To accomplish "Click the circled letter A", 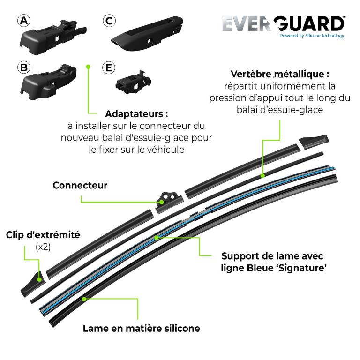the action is click(x=24, y=21).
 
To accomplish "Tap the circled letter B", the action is click(x=24, y=67).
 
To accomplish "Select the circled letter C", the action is click(x=109, y=21).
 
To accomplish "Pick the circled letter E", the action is click(x=109, y=67).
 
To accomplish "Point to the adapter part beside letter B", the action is click(x=49, y=82).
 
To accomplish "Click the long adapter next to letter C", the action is click(x=147, y=33).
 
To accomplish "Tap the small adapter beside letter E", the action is click(x=133, y=82).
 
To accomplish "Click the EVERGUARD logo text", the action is click(x=284, y=23).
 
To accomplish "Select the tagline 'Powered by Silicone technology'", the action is click(x=312, y=36).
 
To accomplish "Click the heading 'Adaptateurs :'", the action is click(x=136, y=114).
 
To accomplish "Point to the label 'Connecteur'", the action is click(x=80, y=185).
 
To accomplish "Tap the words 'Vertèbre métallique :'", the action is click(x=280, y=74).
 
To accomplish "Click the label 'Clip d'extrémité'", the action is click(x=43, y=235).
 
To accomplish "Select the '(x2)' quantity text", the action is click(x=43, y=247).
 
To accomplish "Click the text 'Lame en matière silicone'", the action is click(x=142, y=328).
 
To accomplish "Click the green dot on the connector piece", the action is click(x=162, y=202).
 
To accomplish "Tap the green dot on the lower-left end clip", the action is click(x=39, y=280).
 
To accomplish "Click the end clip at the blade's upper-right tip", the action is click(x=314, y=142).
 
